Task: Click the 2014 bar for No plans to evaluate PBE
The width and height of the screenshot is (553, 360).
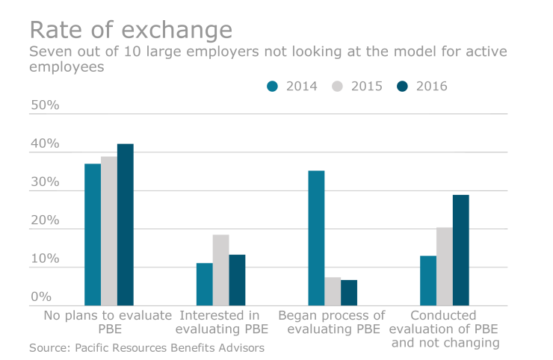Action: pos(93,235)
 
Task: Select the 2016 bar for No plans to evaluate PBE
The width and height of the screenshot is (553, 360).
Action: pos(126,225)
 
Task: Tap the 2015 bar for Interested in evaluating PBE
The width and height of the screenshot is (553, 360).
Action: pos(220,270)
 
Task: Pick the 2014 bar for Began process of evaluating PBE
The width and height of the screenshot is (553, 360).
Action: pos(316,238)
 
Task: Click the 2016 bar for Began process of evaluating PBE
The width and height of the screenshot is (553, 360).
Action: pos(349,293)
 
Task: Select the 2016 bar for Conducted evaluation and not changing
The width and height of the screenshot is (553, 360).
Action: pos(461,250)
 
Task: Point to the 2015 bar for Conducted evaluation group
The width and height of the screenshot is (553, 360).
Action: pos(445,267)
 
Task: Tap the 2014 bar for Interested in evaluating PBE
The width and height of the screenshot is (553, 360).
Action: pos(205,285)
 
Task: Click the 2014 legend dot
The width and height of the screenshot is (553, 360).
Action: pos(272,86)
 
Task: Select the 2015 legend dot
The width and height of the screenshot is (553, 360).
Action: pos(338,86)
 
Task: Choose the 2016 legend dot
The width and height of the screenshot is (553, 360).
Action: pos(402,86)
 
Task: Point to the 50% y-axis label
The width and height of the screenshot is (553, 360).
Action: pos(45,105)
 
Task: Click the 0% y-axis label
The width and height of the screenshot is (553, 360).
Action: pos(41,297)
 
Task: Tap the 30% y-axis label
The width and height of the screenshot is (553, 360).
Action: pos(45,182)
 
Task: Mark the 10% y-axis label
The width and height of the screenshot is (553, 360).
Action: pos(45,258)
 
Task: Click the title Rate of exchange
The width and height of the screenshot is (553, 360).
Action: pos(131,30)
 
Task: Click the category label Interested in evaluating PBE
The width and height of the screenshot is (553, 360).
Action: pos(222,322)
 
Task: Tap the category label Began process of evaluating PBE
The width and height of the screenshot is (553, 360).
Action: pos(332,322)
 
